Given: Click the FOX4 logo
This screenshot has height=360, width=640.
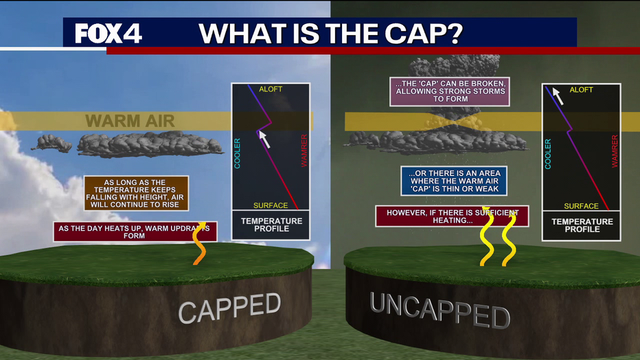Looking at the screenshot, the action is coord(108,34).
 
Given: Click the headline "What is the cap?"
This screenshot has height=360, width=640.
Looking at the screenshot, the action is coord(330,34).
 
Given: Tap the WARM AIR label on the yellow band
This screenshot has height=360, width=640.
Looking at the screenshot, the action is coord(130,121).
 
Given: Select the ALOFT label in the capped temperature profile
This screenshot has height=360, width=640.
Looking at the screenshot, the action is coord(271,89).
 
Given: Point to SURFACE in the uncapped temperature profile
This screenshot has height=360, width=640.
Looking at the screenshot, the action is coord(581,206).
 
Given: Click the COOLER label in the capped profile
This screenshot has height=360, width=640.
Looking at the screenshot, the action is coord(237,153).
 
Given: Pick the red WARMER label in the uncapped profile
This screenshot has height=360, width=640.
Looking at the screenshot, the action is coord(615,151).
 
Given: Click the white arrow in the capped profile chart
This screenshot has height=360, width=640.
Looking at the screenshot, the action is coord(264,139).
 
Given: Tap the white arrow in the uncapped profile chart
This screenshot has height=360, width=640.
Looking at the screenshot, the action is coord(558,96).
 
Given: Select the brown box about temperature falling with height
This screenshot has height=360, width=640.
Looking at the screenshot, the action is coord(137,194).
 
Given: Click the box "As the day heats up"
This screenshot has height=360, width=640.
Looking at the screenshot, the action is coord(135,232).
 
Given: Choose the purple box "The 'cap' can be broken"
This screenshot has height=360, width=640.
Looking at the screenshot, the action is coord(450,91).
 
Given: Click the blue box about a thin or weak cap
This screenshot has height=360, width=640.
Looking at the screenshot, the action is coord(454,181).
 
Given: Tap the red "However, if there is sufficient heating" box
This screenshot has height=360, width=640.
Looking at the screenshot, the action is coord(452,216).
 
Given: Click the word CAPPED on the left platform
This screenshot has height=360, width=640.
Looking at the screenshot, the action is coord(230,308).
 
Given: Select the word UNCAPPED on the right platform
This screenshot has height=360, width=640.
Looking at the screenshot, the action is coord(440,311).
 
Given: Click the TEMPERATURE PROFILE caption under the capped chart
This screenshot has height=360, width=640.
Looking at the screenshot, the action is coord(271,225).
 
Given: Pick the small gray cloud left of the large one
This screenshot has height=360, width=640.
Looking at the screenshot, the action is coord(53,144).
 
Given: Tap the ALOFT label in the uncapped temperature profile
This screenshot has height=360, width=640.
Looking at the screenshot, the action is coord(581,90).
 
